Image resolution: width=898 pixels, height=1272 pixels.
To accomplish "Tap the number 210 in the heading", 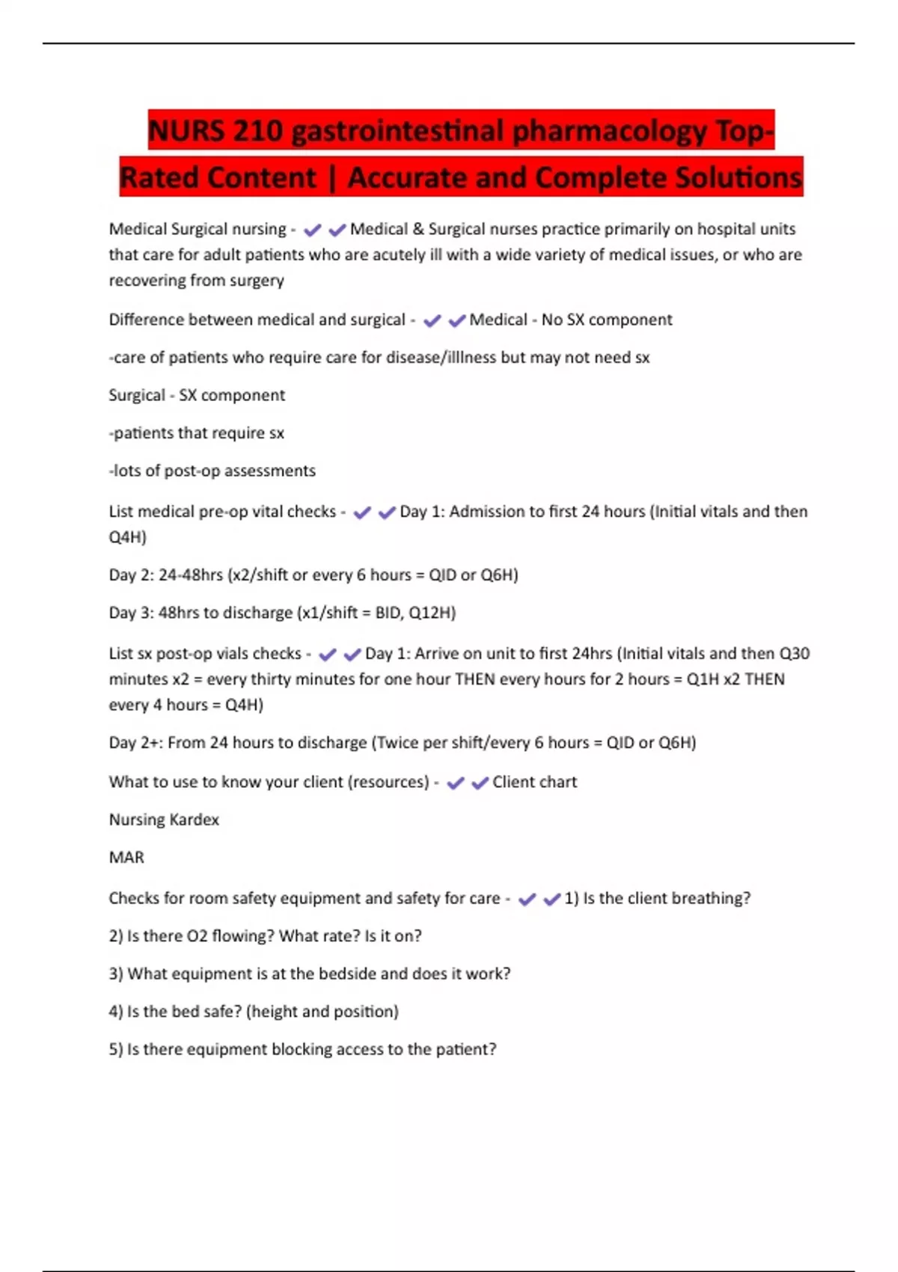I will click(x=258, y=131).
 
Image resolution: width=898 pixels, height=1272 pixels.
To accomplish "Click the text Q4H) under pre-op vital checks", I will click(x=127, y=537).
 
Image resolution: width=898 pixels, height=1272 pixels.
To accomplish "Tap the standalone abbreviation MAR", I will click(x=126, y=857).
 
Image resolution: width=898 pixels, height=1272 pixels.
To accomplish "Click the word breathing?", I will click(x=710, y=898).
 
